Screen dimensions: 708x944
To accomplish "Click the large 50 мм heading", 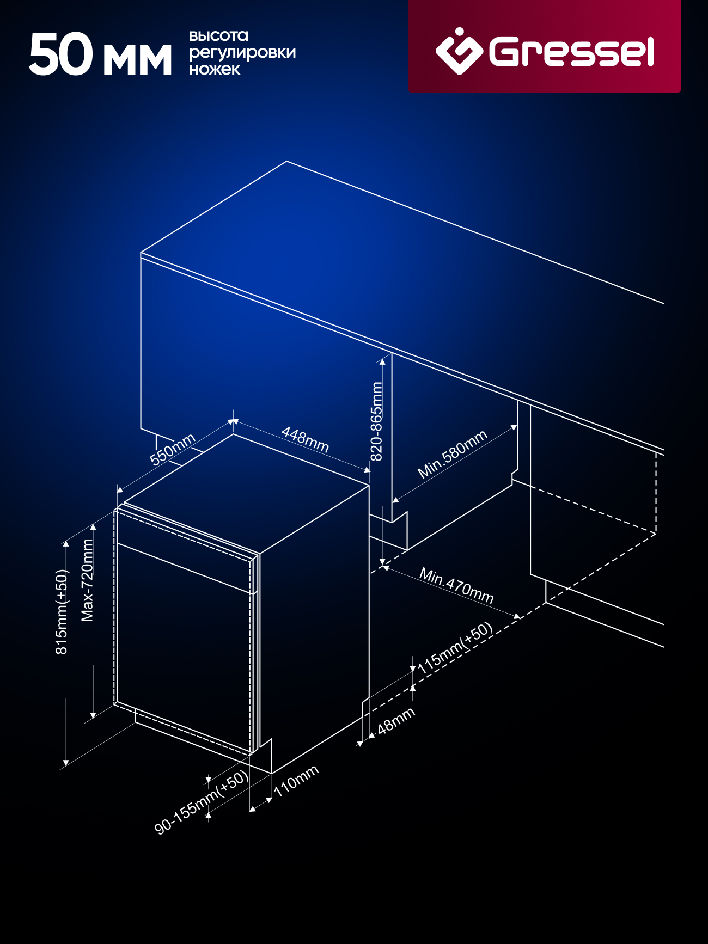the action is point(100,54).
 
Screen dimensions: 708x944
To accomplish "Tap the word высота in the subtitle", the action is point(218,36).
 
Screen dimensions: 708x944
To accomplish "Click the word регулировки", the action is point(242,53).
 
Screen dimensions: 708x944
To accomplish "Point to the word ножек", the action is point(215,69).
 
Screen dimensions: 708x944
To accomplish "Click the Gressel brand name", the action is point(571,52).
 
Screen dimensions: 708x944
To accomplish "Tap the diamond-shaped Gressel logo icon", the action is point(459,50).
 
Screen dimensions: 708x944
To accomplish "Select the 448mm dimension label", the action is point(305,439).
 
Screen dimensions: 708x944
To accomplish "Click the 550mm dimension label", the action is point(173,450).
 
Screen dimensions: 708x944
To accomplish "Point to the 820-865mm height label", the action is point(376,421).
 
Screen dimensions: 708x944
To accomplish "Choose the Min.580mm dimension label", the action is point(452,454).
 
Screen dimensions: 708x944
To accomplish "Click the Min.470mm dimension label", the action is point(456,585).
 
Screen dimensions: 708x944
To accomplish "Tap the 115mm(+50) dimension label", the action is point(455,647).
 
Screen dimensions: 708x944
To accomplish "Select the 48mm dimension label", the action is point(396,720).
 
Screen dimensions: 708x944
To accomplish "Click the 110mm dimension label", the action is point(296,781).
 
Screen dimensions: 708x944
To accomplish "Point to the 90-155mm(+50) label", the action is point(202,802).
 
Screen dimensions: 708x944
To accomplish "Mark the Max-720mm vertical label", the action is point(87,580).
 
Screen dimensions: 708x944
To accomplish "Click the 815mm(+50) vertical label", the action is point(62,612).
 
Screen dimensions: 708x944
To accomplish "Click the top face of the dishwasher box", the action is point(247,493).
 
